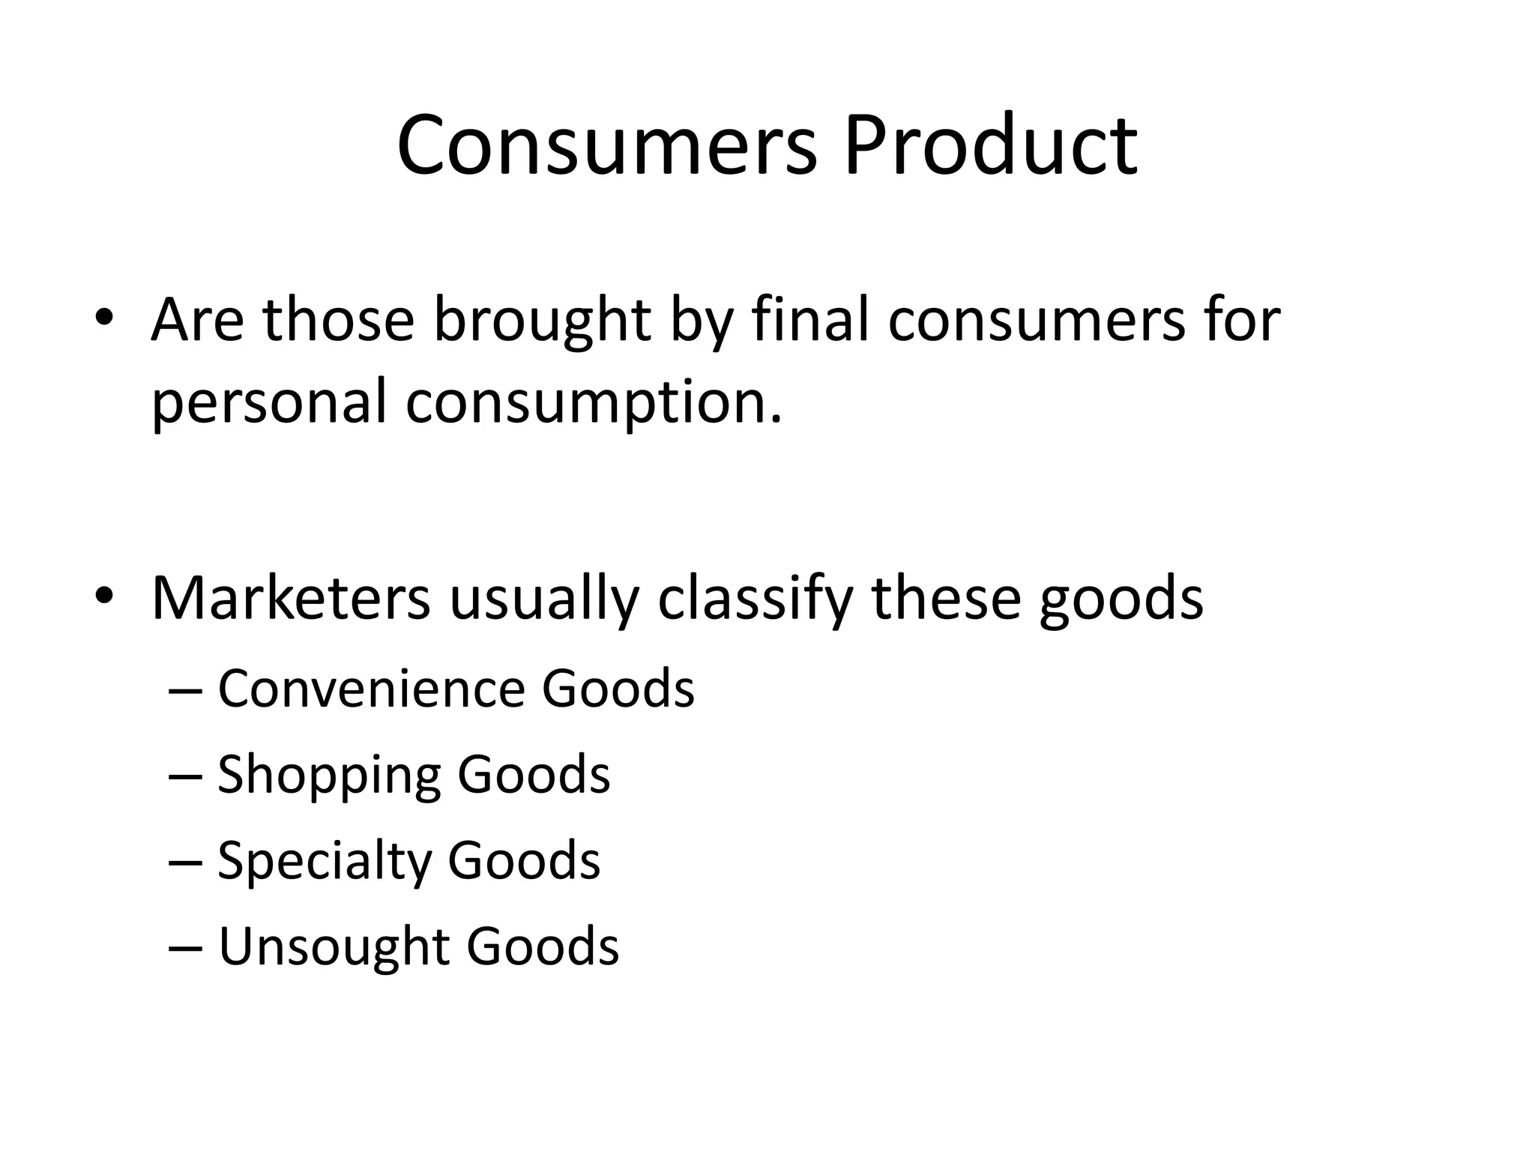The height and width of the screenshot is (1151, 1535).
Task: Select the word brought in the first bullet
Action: pyautogui.click(x=541, y=321)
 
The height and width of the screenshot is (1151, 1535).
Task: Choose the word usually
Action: pyautogui.click(x=544, y=599)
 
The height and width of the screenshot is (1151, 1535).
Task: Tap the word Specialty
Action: pyautogui.click(x=324, y=861)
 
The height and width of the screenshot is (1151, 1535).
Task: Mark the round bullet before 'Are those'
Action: pyautogui.click(x=104, y=317)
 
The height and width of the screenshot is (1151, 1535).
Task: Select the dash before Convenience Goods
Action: pyautogui.click(x=185, y=690)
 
